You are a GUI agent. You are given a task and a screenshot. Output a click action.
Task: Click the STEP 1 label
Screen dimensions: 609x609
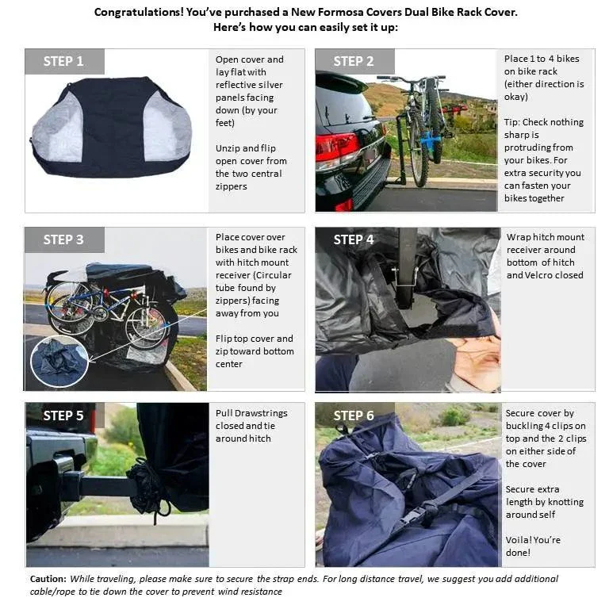tap(63, 62)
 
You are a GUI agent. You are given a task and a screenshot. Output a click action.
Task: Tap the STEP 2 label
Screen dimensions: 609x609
tap(354, 62)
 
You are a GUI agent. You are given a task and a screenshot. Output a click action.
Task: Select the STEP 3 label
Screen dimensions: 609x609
tap(63, 240)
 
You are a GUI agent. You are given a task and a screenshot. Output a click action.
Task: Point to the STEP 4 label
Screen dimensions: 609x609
tap(354, 240)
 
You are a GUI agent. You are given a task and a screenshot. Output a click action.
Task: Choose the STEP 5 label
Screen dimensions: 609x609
tap(63, 416)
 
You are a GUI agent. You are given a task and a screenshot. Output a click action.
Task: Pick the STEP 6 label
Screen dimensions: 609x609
tap(354, 416)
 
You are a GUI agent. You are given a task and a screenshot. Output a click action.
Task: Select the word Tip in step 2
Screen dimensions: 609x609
tap(512, 122)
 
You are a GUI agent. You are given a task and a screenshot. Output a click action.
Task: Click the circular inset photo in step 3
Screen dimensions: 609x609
tap(60, 361)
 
